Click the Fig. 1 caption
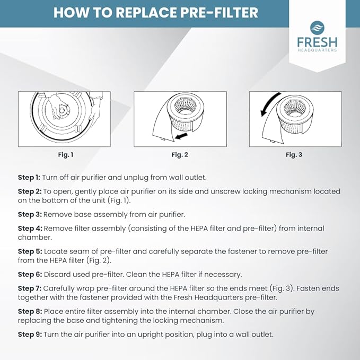point(65,155)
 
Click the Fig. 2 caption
point(180,155)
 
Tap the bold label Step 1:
point(29,177)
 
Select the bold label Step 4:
point(29,229)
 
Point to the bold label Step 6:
point(29,274)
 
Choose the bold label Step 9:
point(29,334)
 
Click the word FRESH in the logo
point(317,41)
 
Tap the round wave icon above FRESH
point(317,27)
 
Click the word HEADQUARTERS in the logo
point(317,50)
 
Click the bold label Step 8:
point(29,312)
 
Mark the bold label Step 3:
point(29,214)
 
